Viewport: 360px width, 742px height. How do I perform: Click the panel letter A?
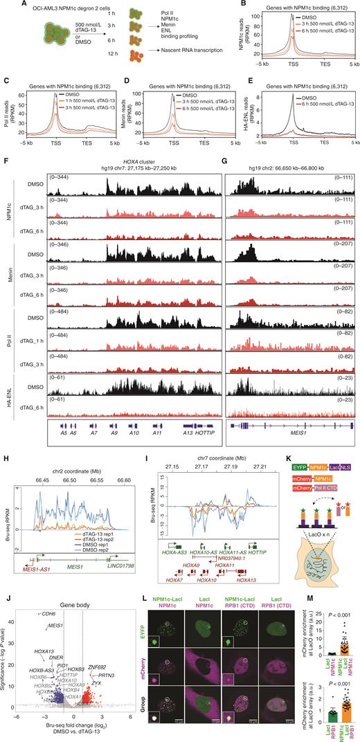5,4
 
